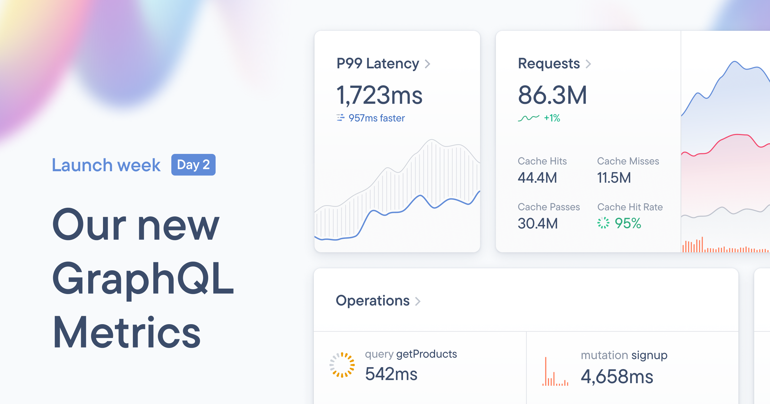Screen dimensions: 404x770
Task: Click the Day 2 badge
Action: point(193,165)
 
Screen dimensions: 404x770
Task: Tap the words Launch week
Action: point(106,165)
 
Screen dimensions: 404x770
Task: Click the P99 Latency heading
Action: point(378,63)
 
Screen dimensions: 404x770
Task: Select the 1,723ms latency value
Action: point(379,95)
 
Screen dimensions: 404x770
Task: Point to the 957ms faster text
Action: point(376,118)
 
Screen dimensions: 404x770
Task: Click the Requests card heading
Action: point(549,63)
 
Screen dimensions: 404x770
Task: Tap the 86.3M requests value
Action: point(552,95)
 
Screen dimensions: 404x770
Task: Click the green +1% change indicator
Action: point(552,118)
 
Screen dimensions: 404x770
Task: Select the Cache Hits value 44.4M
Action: point(537,178)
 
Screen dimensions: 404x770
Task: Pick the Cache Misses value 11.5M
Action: point(614,178)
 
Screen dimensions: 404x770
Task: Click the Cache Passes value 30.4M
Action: point(538,223)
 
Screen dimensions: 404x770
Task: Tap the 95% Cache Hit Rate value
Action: point(628,223)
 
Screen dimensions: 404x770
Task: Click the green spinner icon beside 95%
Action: point(603,223)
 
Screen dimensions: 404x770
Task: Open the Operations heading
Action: point(373,301)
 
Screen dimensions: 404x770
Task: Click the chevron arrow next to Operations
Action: point(418,301)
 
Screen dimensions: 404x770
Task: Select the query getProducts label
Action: point(411,354)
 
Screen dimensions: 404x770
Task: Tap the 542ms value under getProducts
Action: point(391,374)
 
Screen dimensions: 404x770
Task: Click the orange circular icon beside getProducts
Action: point(342,365)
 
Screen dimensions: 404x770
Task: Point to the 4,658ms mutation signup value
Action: point(617,376)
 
